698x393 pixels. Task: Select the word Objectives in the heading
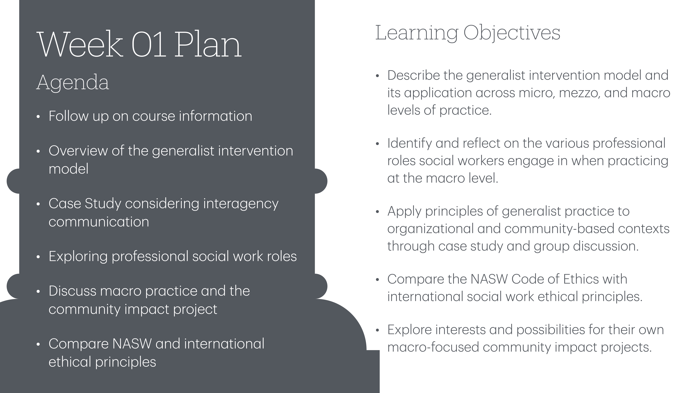512,33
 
